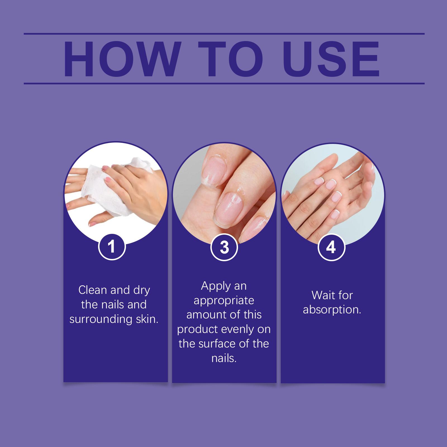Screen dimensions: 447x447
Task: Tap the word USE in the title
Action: [x=331, y=59]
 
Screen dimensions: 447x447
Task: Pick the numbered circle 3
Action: [x=224, y=247]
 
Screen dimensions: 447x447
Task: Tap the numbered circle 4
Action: [x=332, y=247]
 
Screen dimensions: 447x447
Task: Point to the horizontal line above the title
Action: [x=224, y=34]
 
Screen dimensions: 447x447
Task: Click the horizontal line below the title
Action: [x=224, y=83]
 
